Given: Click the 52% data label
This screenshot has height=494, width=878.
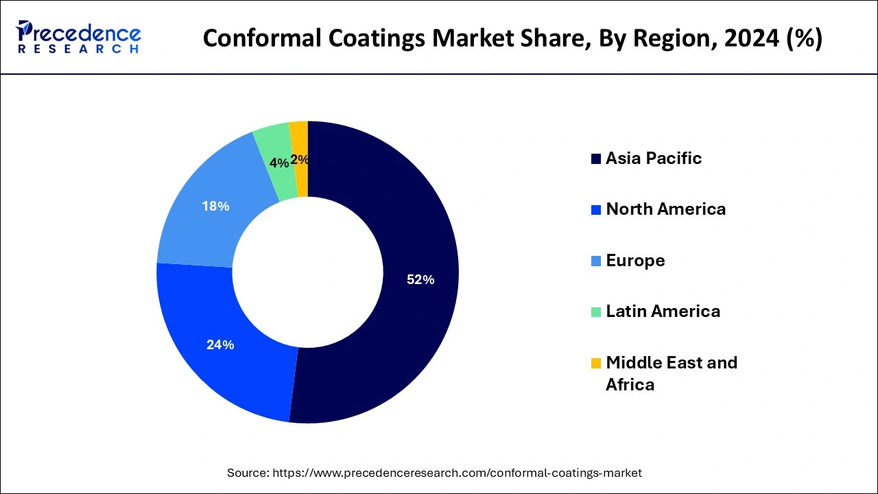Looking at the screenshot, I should tap(420, 280).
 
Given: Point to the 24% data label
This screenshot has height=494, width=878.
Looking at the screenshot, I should tap(220, 345).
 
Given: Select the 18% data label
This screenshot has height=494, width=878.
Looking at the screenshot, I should tap(215, 206).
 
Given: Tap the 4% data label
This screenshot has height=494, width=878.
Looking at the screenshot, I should tap(279, 163).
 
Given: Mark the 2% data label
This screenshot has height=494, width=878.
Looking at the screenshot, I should tap(300, 160).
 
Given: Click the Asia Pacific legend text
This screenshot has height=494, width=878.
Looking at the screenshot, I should tap(654, 158).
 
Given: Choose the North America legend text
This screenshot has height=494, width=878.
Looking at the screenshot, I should tap(665, 209).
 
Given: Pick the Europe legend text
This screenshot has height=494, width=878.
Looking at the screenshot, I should tap(635, 261).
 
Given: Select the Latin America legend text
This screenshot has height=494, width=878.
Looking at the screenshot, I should tap(663, 311).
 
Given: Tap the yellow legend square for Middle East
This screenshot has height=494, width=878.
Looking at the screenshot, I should tap(595, 363).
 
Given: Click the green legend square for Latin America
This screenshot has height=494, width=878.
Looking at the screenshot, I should tap(595, 312).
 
